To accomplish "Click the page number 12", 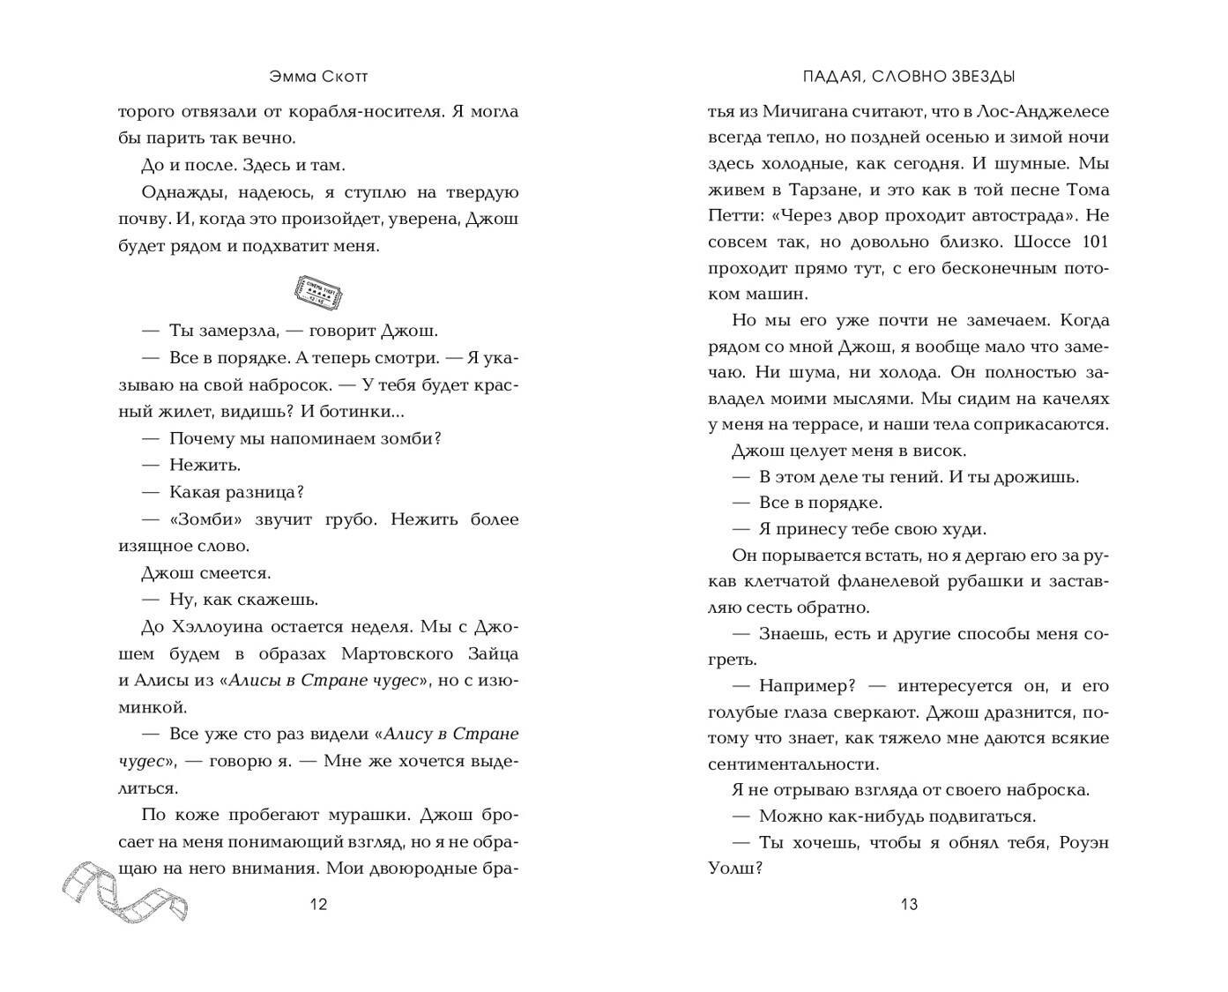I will click(318, 904).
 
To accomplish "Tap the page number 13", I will click(909, 904).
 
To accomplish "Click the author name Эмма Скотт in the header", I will click(318, 77).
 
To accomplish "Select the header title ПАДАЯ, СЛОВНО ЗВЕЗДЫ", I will click(909, 77).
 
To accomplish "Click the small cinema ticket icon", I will click(318, 289).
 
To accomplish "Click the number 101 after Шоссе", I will click(1093, 242).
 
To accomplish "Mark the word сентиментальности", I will click(793, 764).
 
